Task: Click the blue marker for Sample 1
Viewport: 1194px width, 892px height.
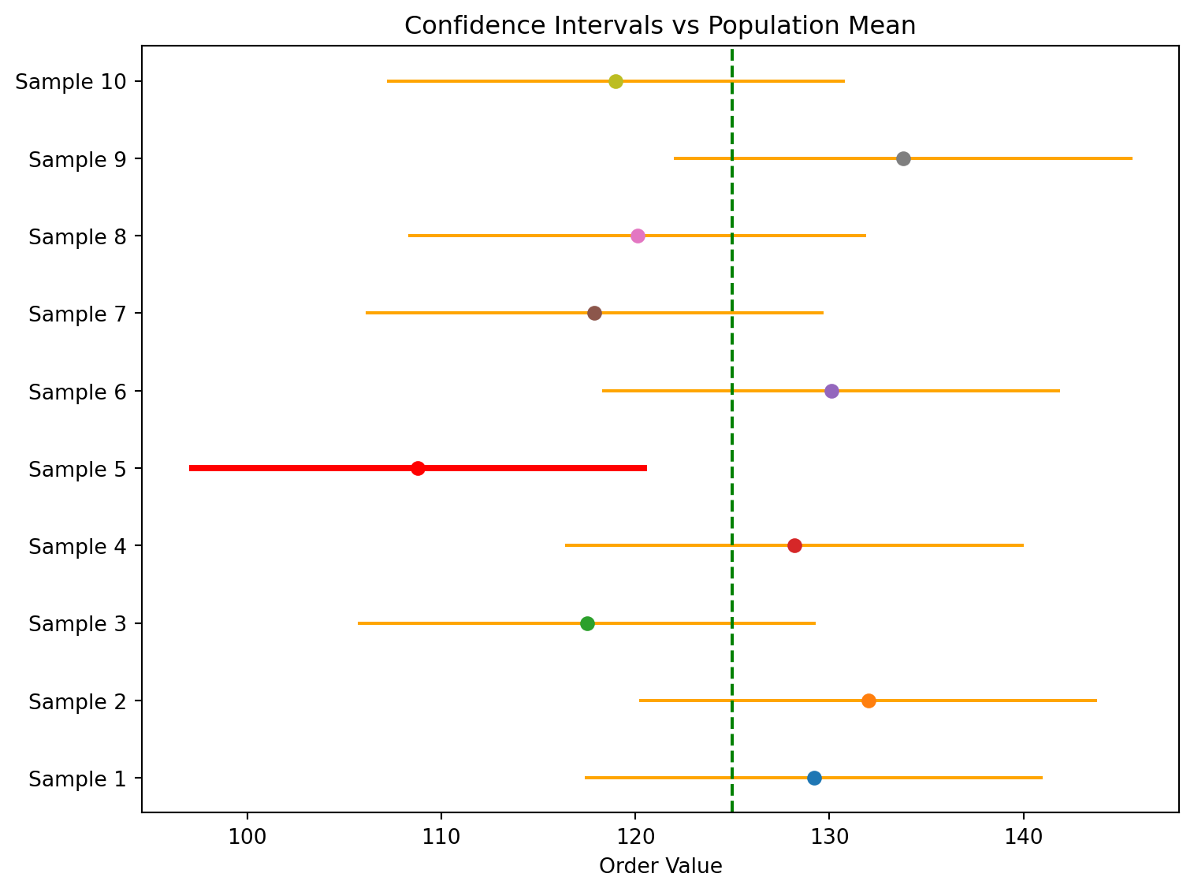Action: (814, 779)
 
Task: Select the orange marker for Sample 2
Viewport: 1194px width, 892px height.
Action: (869, 701)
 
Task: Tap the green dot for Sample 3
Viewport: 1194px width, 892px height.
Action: (587, 623)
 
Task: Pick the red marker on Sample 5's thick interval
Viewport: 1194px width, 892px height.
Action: (418, 468)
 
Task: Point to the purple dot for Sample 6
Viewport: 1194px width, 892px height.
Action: (831, 391)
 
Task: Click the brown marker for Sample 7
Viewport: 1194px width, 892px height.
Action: (594, 314)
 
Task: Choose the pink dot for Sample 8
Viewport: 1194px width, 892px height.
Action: (638, 236)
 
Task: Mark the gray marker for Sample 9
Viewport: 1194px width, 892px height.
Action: (903, 158)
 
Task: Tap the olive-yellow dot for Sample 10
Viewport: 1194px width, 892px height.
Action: (616, 81)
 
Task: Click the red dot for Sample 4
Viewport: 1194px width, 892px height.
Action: (794, 545)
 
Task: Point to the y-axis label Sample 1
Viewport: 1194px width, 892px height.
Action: (76, 779)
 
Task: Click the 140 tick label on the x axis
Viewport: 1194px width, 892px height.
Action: (1023, 834)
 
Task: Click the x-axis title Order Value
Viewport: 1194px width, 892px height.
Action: (660, 867)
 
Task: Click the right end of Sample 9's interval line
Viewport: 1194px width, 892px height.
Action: (1132, 158)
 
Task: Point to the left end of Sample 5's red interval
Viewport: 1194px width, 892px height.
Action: (190, 468)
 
